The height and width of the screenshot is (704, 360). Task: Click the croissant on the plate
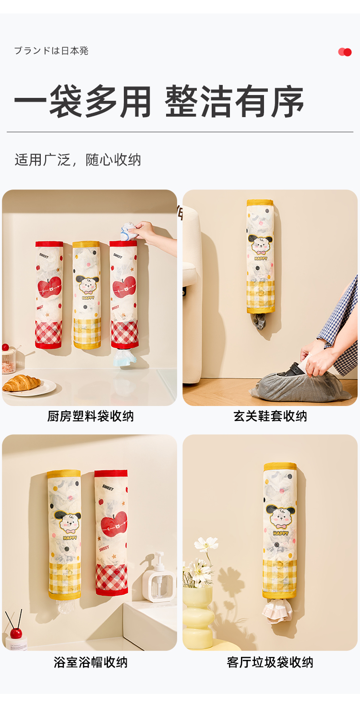(x=22, y=383)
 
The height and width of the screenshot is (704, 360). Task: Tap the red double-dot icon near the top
(x=345, y=52)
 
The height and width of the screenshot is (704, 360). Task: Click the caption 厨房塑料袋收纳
(x=90, y=416)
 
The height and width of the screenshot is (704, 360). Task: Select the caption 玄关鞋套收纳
(x=270, y=416)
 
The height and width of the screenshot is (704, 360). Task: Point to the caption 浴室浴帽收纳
(x=90, y=662)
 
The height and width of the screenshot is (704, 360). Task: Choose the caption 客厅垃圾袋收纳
(x=270, y=662)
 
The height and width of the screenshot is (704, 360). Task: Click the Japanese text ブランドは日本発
(x=51, y=50)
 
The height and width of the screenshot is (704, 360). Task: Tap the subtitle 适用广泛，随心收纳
(x=78, y=160)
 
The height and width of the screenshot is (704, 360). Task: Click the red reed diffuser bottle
(x=15, y=632)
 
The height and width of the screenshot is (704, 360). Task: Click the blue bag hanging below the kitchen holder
(x=123, y=358)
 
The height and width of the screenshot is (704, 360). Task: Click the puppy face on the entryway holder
(x=260, y=245)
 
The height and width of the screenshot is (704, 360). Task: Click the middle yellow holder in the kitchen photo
(x=87, y=295)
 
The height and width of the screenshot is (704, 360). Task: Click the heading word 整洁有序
(x=235, y=101)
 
